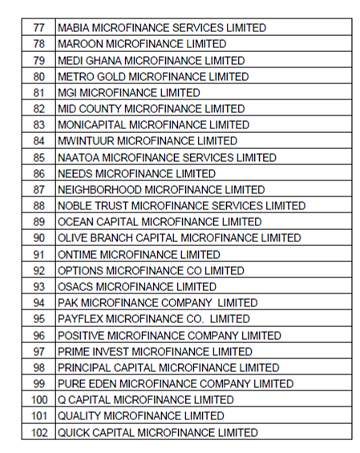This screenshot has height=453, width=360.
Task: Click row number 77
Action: [x=38, y=28]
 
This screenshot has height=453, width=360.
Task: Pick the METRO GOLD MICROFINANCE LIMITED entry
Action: [x=153, y=77]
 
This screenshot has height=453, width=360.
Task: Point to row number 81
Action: [x=38, y=93]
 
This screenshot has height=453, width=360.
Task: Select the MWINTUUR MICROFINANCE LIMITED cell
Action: [x=148, y=141]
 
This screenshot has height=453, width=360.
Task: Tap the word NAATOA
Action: [x=79, y=157]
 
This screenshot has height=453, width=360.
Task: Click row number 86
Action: [x=38, y=174]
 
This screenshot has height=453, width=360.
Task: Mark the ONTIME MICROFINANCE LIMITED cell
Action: [x=139, y=254]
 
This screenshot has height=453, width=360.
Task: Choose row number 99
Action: [x=38, y=384]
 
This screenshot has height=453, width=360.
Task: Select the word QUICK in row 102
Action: [x=75, y=433]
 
